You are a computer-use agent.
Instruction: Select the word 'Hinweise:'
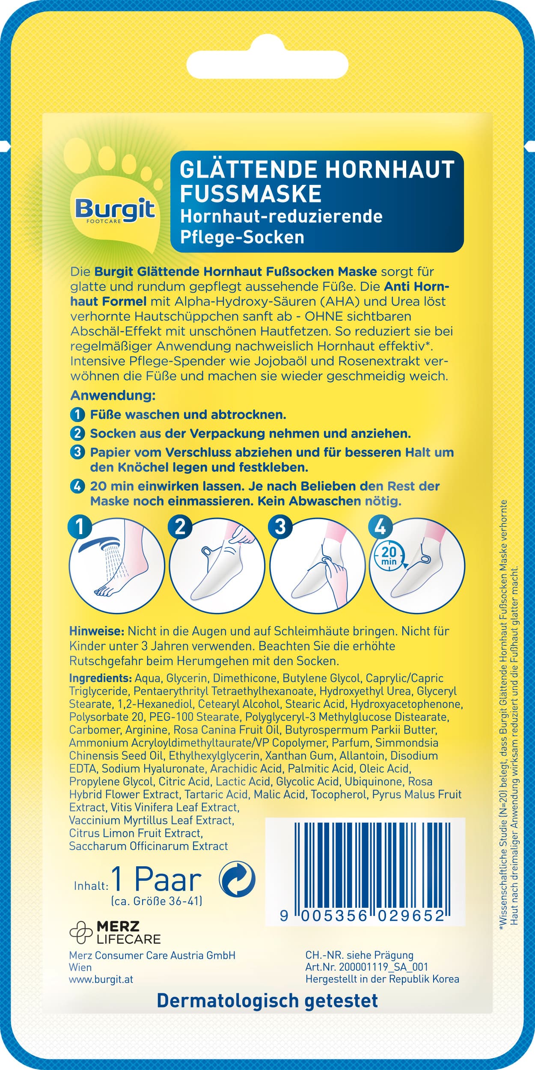pos(97,631)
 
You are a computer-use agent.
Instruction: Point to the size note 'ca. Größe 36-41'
pos(156,901)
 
